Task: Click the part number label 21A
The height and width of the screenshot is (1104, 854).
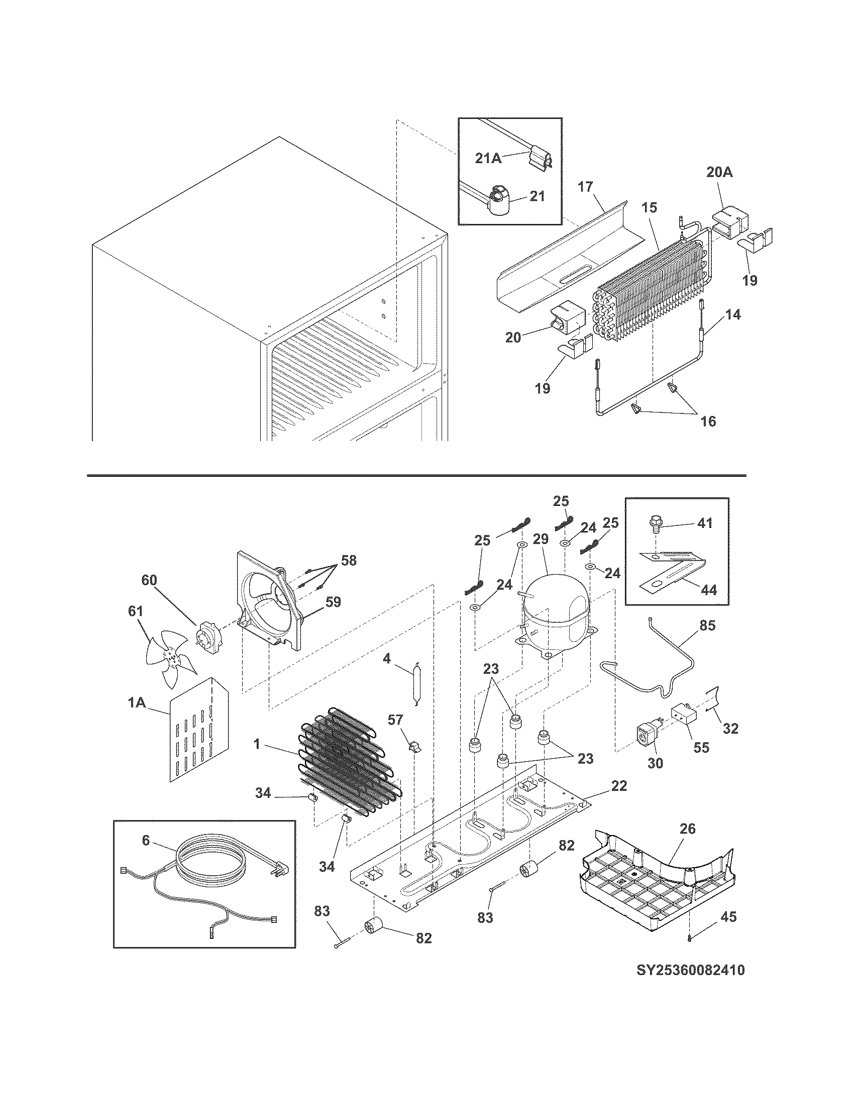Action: click(x=488, y=158)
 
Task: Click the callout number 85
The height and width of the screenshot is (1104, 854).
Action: click(x=707, y=626)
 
